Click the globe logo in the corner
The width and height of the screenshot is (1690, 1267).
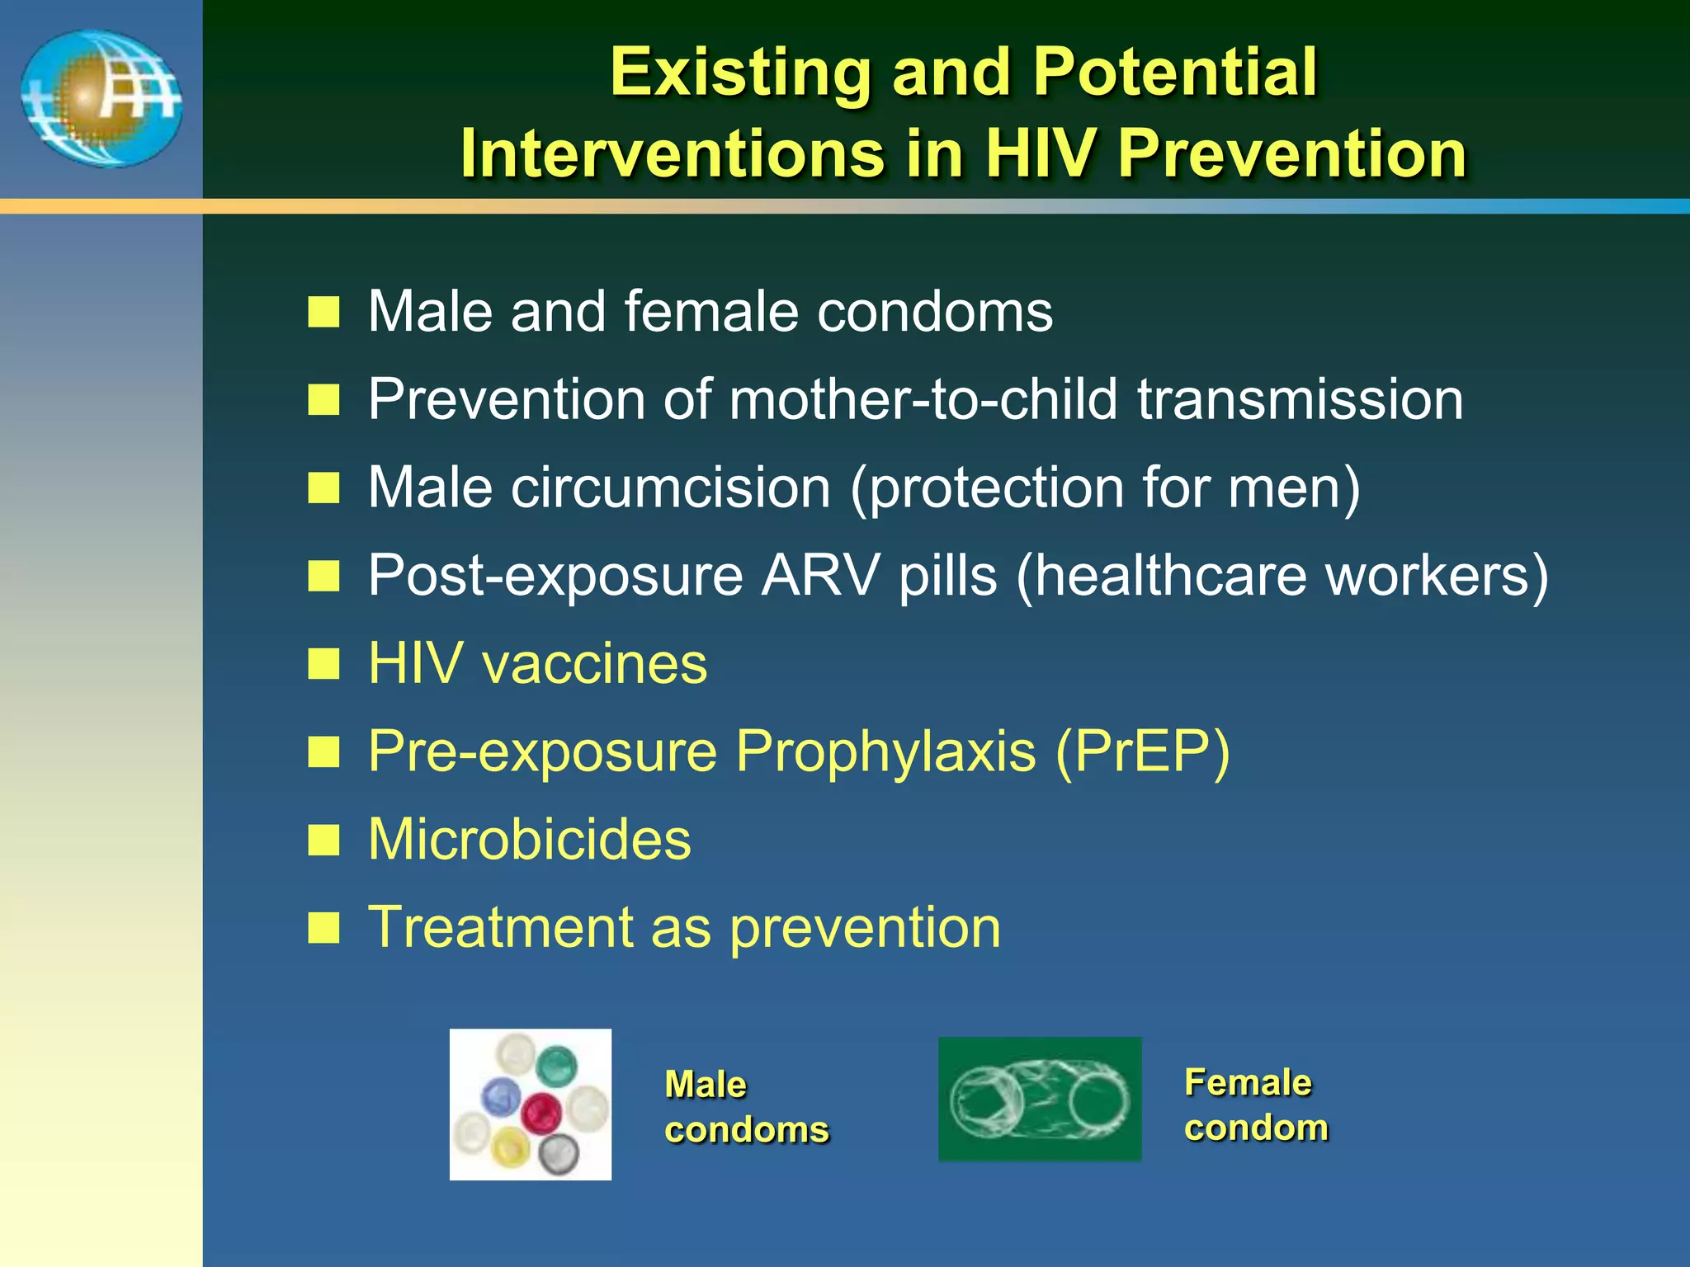point(101,99)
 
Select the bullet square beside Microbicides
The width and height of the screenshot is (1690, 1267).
point(323,841)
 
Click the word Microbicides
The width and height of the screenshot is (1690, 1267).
point(529,840)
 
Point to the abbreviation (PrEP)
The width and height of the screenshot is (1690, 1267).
point(1142,751)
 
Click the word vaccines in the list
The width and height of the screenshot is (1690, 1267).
point(595,663)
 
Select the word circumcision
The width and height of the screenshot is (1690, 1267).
point(670,487)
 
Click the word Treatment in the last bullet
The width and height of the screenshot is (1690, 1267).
point(500,928)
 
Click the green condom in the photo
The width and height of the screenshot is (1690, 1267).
point(556,1064)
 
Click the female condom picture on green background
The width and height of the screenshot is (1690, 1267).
point(1040,1100)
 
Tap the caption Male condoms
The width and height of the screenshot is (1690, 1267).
point(745,1107)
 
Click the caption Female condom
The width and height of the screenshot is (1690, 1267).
point(1255,1105)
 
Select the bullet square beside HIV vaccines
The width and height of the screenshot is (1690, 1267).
point(323,663)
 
